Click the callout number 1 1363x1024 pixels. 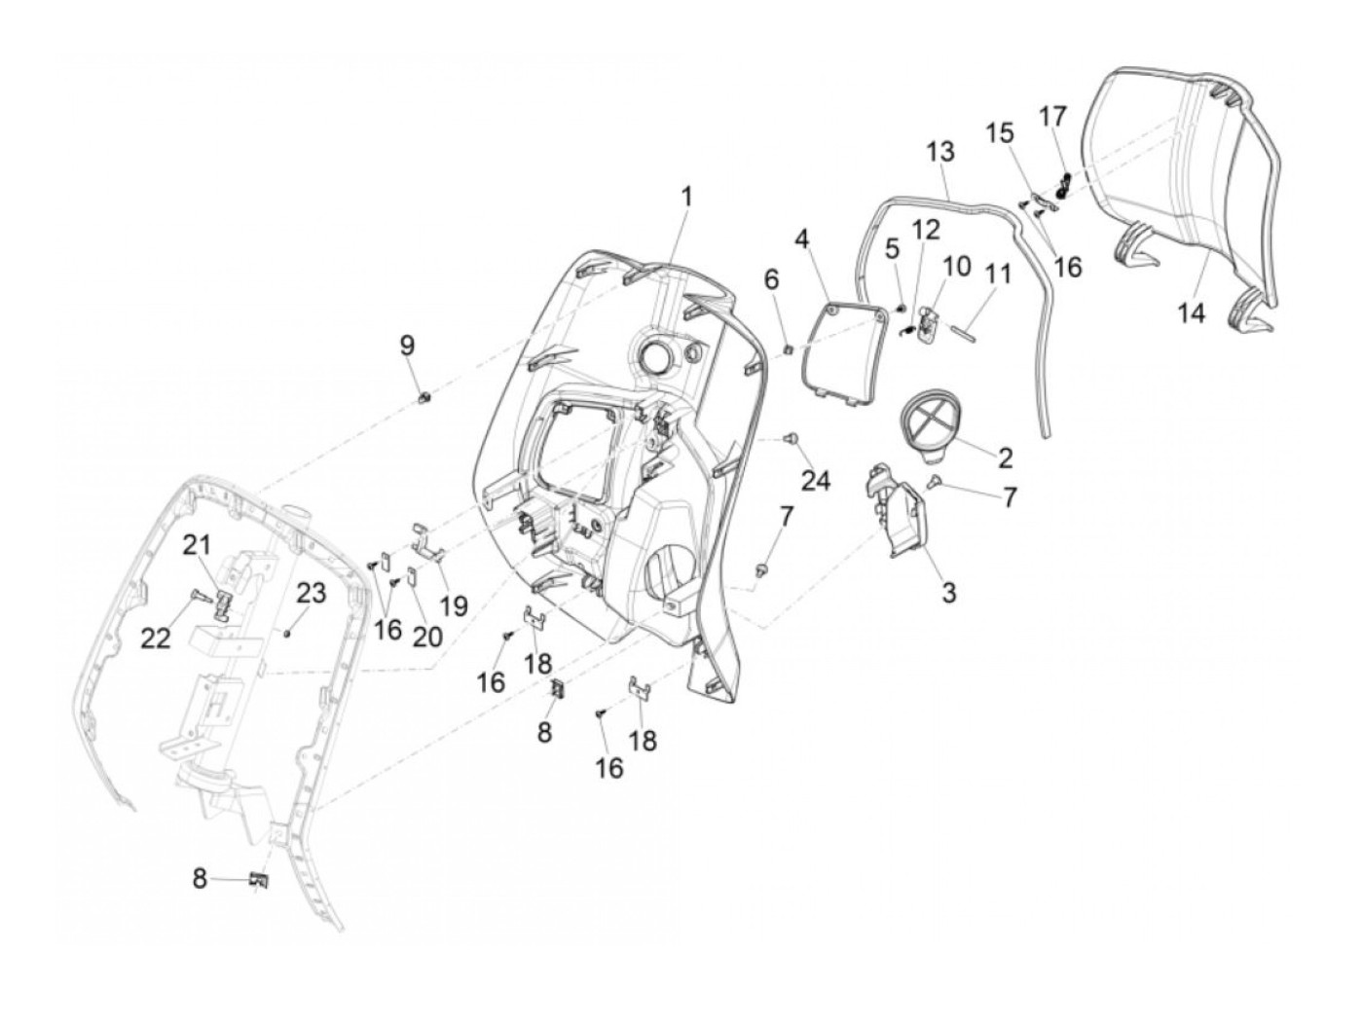click(686, 198)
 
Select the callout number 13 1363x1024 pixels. click(940, 152)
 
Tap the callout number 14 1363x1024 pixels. click(1192, 313)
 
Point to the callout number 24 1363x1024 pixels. click(816, 479)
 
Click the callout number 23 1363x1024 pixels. click(312, 593)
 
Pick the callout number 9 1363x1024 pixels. click(407, 345)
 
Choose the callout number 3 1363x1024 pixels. click(948, 591)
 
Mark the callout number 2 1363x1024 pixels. click(1005, 457)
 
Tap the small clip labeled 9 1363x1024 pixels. click(424, 396)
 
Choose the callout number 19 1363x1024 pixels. click(454, 605)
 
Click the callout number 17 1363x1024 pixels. click(1052, 117)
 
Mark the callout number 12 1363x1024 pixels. click(926, 231)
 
